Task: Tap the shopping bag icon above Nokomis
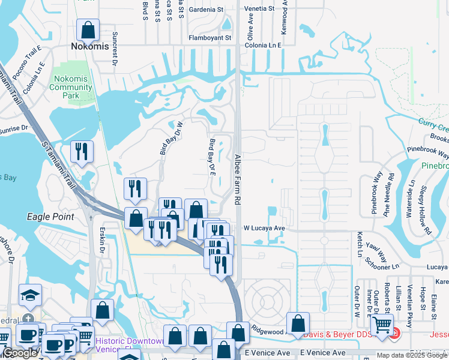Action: pyautogui.click(x=88, y=29)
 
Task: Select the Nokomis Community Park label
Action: pyautogui.click(x=71, y=87)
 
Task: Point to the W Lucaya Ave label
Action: pyautogui.click(x=264, y=229)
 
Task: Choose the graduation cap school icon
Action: pyautogui.click(x=30, y=295)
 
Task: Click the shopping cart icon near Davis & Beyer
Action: pyautogui.click(x=382, y=325)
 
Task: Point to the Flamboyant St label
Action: pyautogui.click(x=210, y=38)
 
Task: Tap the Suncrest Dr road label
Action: pyautogui.click(x=115, y=49)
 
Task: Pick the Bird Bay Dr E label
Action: pyautogui.click(x=212, y=158)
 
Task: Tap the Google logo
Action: pyautogui.click(x=20, y=353)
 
